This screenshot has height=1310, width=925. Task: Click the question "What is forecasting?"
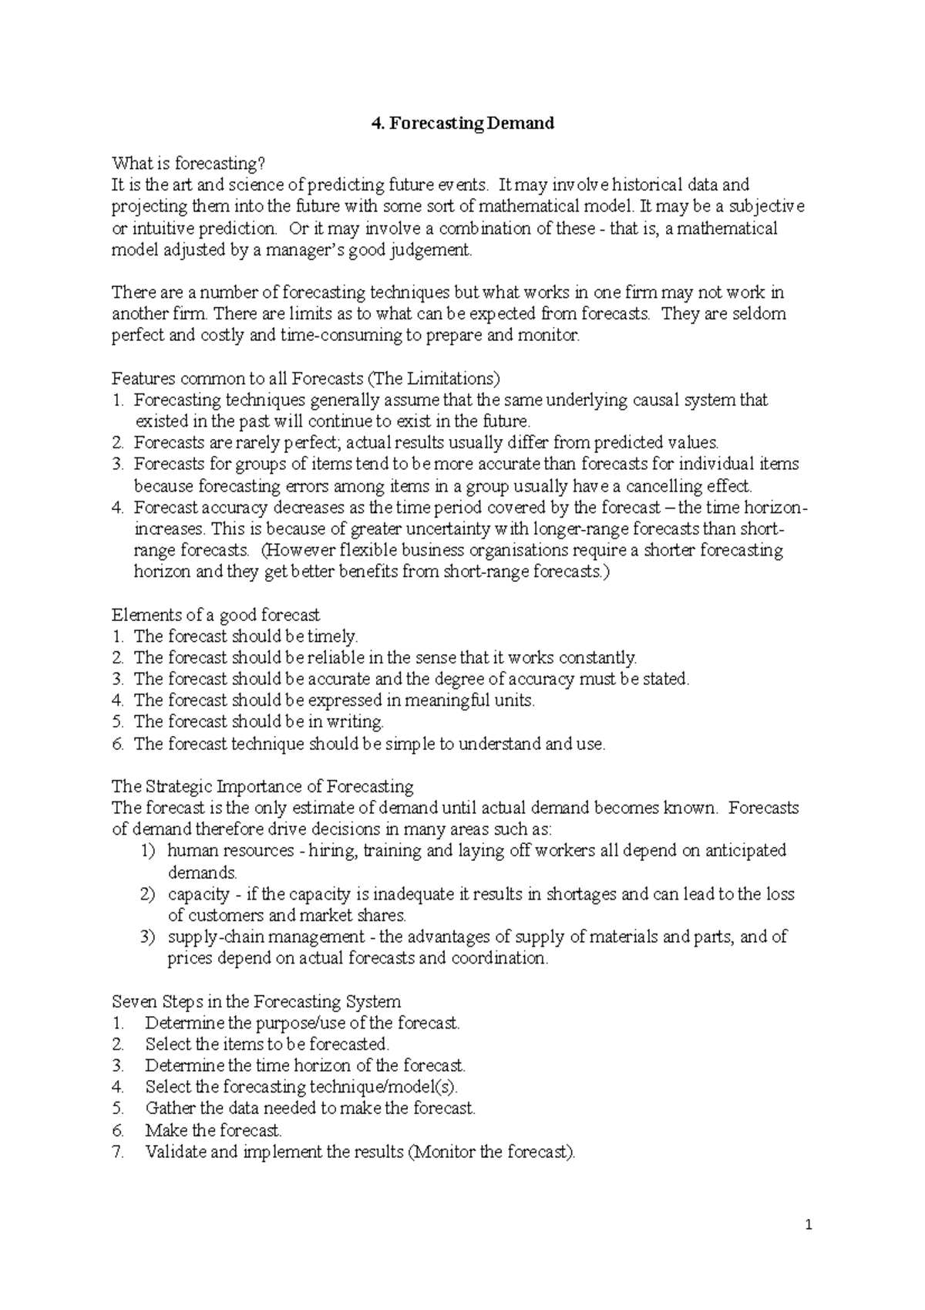point(189,164)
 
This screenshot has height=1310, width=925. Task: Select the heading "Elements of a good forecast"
point(216,615)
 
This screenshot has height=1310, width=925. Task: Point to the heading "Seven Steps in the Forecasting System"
point(256,1001)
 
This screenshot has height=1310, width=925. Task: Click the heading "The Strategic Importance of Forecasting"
point(263,786)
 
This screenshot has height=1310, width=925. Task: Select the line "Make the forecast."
point(214,1130)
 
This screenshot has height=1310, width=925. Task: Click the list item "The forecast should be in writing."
point(258,722)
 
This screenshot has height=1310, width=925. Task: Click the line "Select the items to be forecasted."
point(267,1044)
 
